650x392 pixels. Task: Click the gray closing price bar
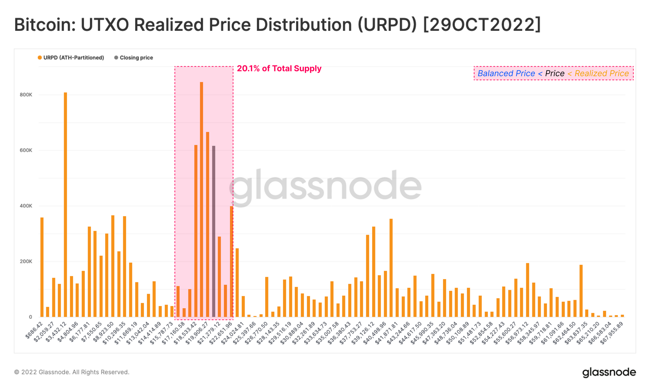coord(214,230)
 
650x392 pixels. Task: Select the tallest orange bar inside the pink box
coord(201,198)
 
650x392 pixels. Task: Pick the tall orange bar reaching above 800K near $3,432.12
coord(65,204)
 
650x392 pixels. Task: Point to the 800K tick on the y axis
coord(26,95)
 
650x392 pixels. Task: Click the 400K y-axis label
coord(26,206)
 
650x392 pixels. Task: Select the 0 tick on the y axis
coord(30,317)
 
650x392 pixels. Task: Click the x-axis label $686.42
coord(34,330)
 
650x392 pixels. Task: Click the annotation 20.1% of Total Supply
coord(279,68)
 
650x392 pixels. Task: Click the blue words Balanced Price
coord(506,74)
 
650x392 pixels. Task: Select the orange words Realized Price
coord(601,74)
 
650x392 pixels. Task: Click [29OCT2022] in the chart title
coord(482,25)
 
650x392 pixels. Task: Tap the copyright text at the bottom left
coord(71,372)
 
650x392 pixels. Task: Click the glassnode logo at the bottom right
coord(609,372)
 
